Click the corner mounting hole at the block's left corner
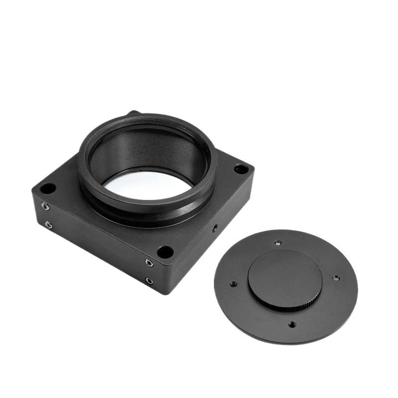(48, 189)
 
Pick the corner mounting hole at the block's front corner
(165, 252)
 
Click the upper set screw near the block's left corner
(45, 205)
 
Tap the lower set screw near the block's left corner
(48, 224)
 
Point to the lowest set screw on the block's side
(149, 281)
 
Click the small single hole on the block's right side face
(214, 227)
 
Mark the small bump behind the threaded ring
(133, 114)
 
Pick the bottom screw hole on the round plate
(292, 324)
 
